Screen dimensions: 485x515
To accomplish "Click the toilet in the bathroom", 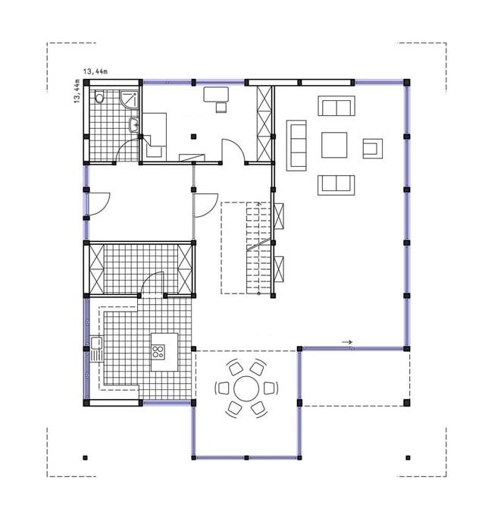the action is pyautogui.click(x=99, y=96).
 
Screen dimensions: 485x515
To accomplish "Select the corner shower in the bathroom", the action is pyautogui.click(x=130, y=99).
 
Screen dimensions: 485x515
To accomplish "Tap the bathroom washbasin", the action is pyautogui.click(x=133, y=125).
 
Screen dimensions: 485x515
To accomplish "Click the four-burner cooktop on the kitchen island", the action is pyautogui.click(x=158, y=351).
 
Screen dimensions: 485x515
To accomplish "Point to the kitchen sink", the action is pyautogui.click(x=96, y=349).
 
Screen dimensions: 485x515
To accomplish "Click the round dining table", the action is pyautogui.click(x=246, y=388).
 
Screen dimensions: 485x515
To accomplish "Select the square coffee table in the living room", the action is pyautogui.click(x=334, y=145).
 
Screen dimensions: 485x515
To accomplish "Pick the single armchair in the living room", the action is pyautogui.click(x=372, y=149).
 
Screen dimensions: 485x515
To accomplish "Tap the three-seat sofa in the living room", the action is pyautogui.click(x=296, y=146).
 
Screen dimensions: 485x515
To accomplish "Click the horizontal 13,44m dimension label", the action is pyautogui.click(x=95, y=71).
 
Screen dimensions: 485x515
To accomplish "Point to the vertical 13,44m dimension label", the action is pyautogui.click(x=77, y=91).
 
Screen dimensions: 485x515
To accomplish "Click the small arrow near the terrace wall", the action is pyautogui.click(x=347, y=342).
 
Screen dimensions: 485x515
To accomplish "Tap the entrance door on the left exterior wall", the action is pyautogui.click(x=99, y=204).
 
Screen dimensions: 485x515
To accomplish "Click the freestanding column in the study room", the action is pyautogui.click(x=193, y=137).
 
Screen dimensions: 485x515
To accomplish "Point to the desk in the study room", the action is pyautogui.click(x=216, y=94).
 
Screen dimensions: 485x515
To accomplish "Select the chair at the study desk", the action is pyautogui.click(x=221, y=108).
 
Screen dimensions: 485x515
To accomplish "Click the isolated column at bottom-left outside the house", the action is pyautogui.click(x=86, y=457).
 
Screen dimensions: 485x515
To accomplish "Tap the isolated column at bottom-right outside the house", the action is pyautogui.click(x=408, y=457).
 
